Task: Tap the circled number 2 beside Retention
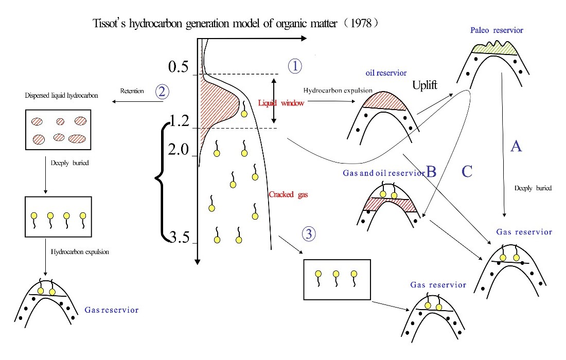(163, 92)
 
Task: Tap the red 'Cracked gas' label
(285, 194)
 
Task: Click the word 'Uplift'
(425, 85)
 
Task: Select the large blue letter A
(516, 147)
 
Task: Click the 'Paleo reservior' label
(497, 30)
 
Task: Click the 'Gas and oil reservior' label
(383, 173)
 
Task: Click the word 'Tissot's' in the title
(109, 24)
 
